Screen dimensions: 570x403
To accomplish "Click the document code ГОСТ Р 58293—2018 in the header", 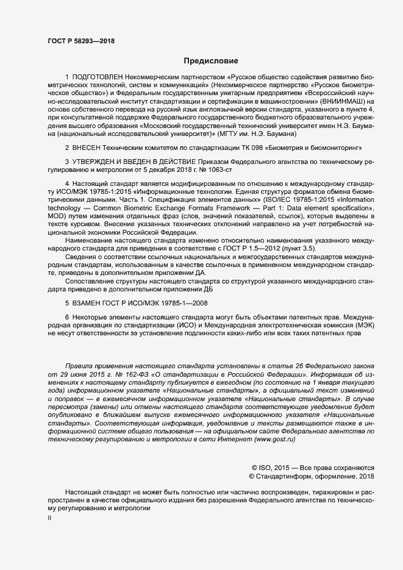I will (80, 41).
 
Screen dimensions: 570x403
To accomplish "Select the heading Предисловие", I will (211, 60).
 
